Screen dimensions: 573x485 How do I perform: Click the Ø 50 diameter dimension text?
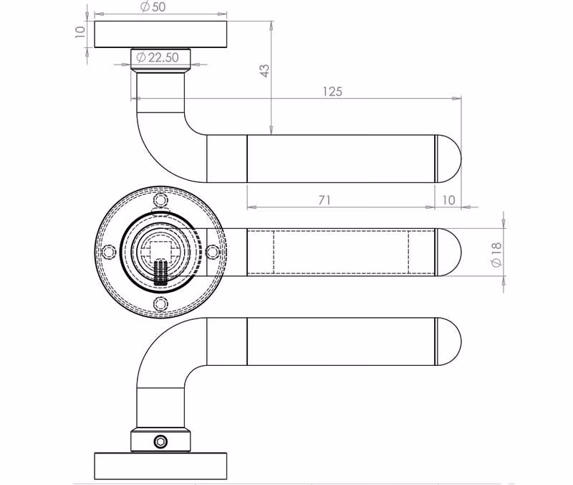[153, 6]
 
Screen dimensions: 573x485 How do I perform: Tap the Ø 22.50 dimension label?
[158, 57]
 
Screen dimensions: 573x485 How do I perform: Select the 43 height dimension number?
[264, 70]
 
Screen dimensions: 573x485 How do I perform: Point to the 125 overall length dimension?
[332, 92]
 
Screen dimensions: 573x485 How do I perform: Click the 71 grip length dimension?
[324, 200]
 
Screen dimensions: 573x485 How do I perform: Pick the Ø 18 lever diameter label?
[496, 255]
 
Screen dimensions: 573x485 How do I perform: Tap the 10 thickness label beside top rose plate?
[80, 32]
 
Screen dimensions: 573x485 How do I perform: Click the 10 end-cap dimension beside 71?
[448, 200]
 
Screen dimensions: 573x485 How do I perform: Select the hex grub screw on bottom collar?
[160, 442]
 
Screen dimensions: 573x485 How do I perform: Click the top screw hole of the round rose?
[160, 200]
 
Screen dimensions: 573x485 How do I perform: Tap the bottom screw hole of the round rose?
[160, 303]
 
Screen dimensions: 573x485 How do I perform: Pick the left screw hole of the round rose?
[109, 252]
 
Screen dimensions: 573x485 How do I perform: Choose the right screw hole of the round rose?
[212, 252]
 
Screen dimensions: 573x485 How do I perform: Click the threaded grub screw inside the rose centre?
[160, 272]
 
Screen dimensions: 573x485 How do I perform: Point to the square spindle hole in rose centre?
[160, 252]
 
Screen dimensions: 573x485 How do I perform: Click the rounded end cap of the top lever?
[449, 159]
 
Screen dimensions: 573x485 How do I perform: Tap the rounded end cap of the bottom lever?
[449, 342]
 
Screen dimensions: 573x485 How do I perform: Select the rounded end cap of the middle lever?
[449, 252]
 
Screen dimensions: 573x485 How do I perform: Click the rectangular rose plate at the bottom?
[160, 466]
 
